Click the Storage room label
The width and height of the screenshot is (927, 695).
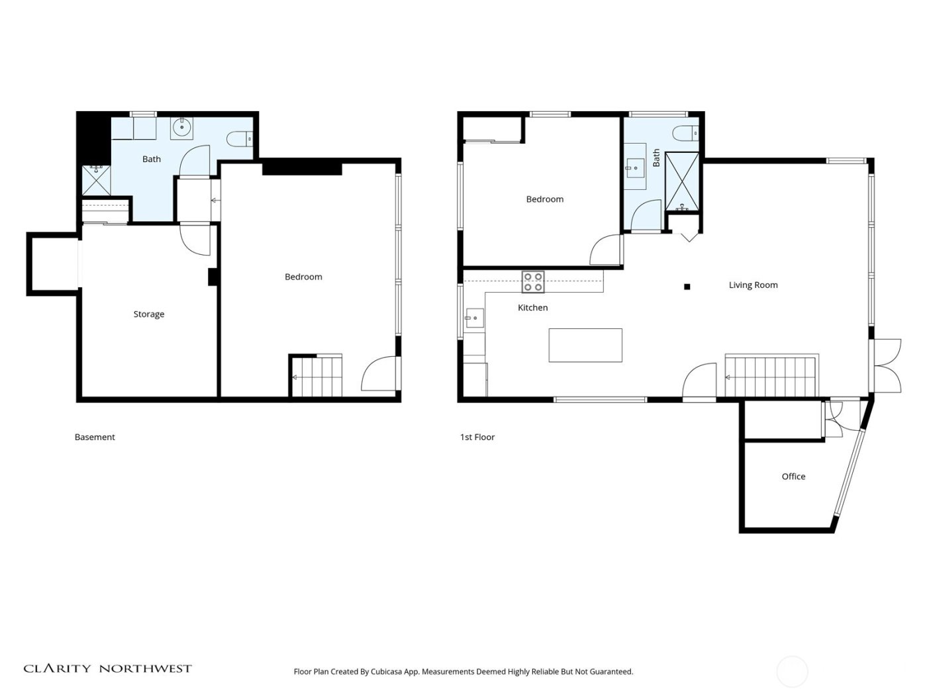click(x=148, y=314)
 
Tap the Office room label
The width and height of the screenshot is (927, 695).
click(x=793, y=477)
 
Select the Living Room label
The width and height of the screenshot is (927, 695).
click(x=753, y=285)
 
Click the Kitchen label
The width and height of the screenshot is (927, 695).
click(x=532, y=308)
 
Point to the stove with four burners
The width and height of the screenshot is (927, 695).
click(x=533, y=282)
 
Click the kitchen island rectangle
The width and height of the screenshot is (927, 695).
click(x=585, y=346)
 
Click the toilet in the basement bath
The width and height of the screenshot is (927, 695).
click(x=239, y=139)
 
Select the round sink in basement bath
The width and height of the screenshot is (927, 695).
click(x=181, y=128)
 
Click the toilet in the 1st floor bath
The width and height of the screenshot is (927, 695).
click(x=685, y=134)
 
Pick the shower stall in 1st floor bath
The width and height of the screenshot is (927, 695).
click(x=681, y=181)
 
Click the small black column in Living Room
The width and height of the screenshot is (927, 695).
click(x=687, y=287)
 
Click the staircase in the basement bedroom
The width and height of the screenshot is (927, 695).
click(x=317, y=377)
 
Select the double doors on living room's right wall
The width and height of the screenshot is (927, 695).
click(x=887, y=365)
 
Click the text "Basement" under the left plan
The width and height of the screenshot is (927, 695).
click(x=95, y=437)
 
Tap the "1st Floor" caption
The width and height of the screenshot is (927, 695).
click(x=477, y=437)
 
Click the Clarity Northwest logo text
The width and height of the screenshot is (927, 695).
click(x=108, y=669)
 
